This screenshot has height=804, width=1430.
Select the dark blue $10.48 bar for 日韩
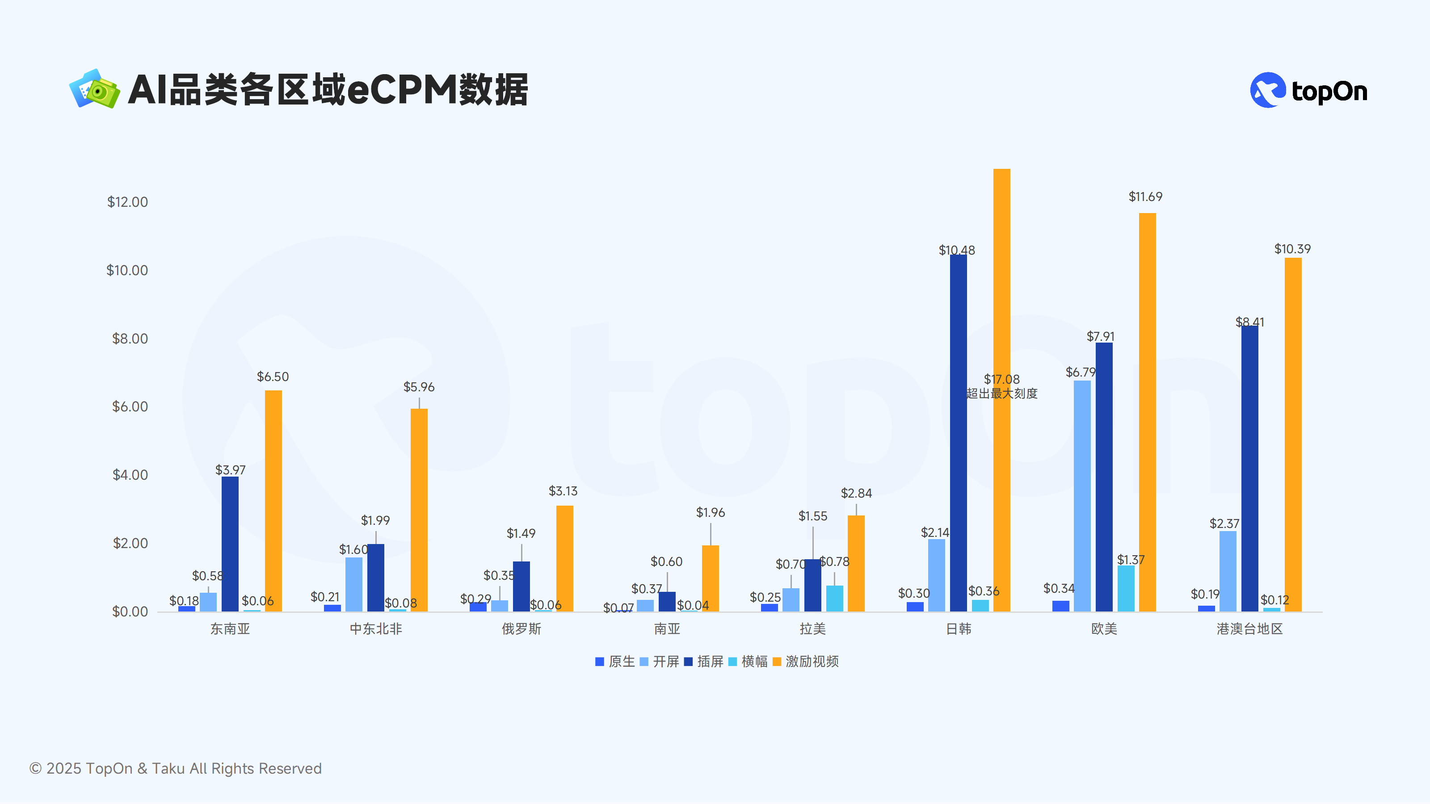958,433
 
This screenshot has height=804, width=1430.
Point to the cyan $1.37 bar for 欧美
1126,588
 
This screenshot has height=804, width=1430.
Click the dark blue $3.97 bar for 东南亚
230,544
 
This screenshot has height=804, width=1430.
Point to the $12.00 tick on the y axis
128,202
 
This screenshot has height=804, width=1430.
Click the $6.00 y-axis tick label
130,407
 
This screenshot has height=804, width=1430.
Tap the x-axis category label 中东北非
376,628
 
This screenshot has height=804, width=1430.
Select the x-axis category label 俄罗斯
521,628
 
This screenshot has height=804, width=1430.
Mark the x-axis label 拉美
813,628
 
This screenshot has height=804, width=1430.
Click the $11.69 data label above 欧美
1145,197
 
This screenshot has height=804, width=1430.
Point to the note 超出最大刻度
1002,394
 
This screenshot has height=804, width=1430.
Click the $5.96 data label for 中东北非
419,387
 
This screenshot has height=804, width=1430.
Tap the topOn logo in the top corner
1308,90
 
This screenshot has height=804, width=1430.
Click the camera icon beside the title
94,89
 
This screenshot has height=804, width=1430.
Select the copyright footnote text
176,768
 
